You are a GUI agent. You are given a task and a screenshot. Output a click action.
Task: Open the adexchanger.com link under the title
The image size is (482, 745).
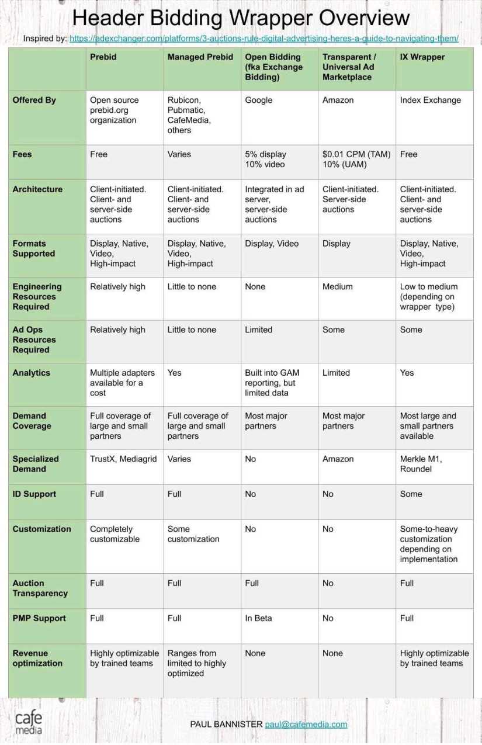[x=263, y=39]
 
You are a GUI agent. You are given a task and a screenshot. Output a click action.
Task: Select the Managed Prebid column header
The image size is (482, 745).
[x=200, y=57]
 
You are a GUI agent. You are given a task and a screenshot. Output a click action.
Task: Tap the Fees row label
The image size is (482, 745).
[x=23, y=155]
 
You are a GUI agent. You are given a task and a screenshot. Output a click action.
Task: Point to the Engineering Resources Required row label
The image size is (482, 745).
[x=37, y=297]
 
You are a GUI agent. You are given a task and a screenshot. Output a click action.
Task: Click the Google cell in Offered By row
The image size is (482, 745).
[x=259, y=101]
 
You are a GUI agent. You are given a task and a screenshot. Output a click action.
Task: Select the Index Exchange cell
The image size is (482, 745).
[x=431, y=101]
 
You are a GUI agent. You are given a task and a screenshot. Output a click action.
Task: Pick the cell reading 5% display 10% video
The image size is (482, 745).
[x=266, y=160]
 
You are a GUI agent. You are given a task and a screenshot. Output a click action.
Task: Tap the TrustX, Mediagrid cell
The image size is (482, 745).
[x=123, y=459]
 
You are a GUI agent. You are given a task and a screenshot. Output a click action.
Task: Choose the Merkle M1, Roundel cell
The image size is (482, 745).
[x=421, y=464]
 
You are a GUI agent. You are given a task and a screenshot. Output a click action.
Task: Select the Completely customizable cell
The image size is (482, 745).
[x=115, y=534]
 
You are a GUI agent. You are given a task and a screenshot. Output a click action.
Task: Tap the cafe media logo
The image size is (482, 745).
[x=29, y=723]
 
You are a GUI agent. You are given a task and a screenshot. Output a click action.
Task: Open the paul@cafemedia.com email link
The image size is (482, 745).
[x=306, y=725]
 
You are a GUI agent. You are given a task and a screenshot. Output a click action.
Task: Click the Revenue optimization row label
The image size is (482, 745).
[x=37, y=659]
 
